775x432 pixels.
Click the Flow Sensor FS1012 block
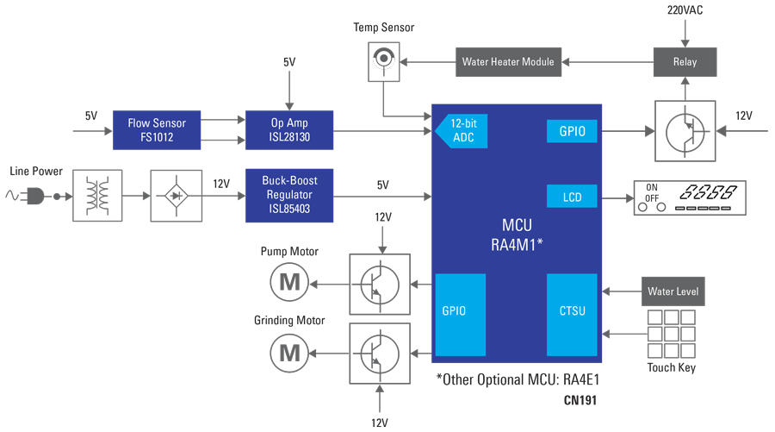[157, 130]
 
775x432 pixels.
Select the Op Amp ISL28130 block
[289, 130]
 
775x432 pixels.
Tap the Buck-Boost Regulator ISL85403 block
[289, 196]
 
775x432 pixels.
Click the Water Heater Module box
[508, 62]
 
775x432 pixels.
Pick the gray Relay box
[685, 62]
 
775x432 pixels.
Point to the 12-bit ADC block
[462, 131]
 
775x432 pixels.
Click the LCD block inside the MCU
[572, 196]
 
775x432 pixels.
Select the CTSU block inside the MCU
[572, 315]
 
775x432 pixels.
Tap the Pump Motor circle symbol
[289, 283]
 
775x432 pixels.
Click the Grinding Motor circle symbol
[289, 353]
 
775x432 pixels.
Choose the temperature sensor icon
[384, 62]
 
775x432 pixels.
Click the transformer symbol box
[97, 196]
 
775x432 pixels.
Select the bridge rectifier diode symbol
[176, 196]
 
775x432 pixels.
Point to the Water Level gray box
[673, 291]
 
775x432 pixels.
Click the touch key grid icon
[671, 334]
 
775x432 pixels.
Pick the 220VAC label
[685, 9]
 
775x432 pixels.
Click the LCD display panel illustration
[690, 198]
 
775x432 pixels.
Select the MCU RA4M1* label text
[517, 235]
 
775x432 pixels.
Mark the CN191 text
[580, 400]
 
